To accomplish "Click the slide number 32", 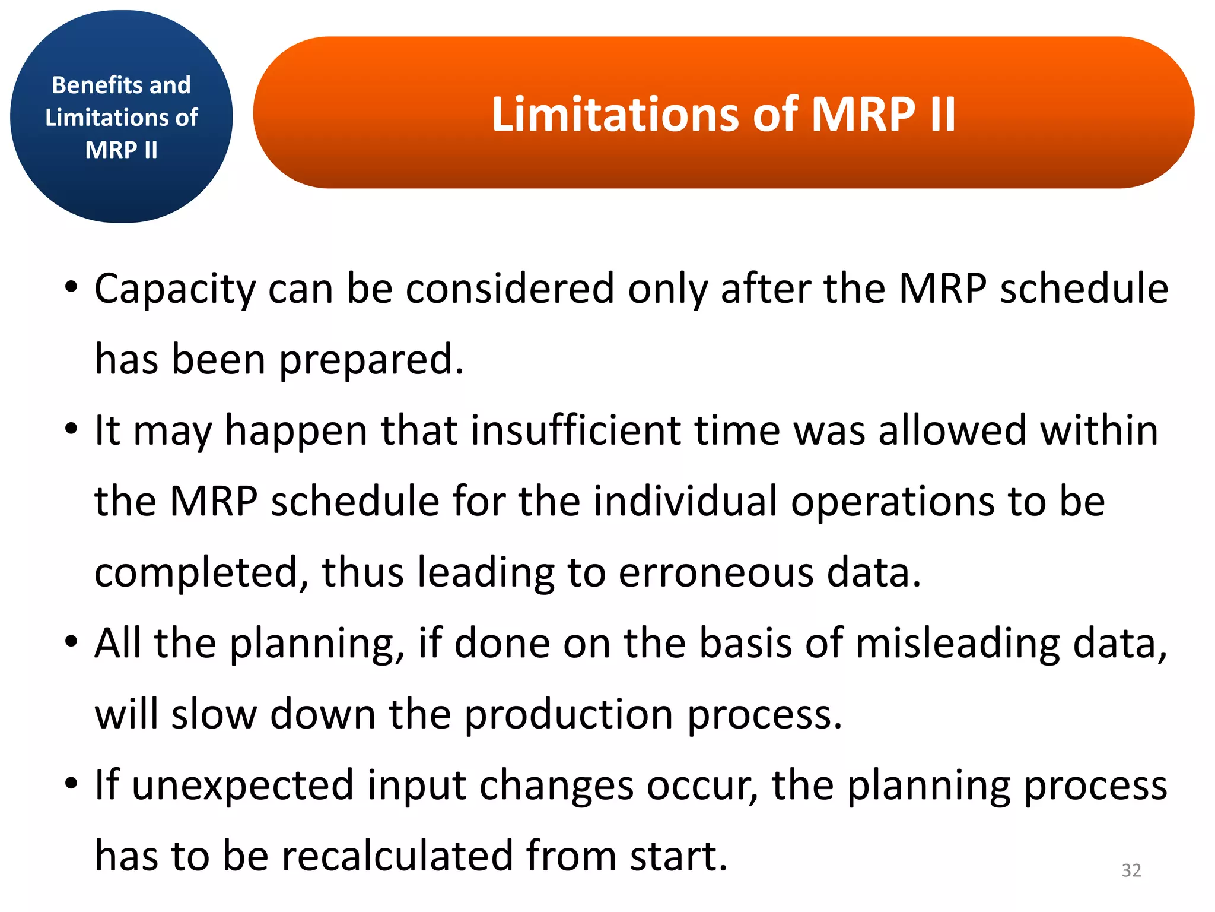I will click(x=1131, y=870).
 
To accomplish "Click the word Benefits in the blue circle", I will click(x=91, y=85).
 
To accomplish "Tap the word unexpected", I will click(x=243, y=786).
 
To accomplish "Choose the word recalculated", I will click(x=397, y=856).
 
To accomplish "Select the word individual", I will click(x=685, y=501).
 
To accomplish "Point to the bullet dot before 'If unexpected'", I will click(x=71, y=783).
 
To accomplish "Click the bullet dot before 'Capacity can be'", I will click(x=71, y=287).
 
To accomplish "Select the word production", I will click(x=568, y=714).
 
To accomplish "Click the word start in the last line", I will click(x=678, y=856).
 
